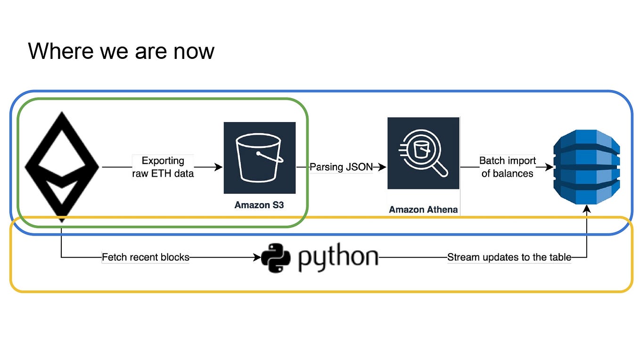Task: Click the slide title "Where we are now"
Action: (x=121, y=50)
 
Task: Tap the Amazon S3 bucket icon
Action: (x=259, y=157)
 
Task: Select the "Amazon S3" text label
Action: (x=259, y=205)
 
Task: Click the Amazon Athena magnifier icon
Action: (x=423, y=153)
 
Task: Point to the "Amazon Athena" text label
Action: (x=423, y=210)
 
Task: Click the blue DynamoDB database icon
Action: (x=586, y=167)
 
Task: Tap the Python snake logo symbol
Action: (x=275, y=258)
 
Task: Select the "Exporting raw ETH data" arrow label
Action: (x=163, y=167)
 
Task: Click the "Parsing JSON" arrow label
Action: (x=341, y=167)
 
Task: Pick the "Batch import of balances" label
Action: (x=508, y=167)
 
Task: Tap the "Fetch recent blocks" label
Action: (x=146, y=257)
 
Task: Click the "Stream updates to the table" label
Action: (x=509, y=257)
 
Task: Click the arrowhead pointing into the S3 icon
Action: (x=219, y=167)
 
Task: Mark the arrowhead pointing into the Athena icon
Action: (x=383, y=167)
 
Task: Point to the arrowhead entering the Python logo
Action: (x=257, y=257)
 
